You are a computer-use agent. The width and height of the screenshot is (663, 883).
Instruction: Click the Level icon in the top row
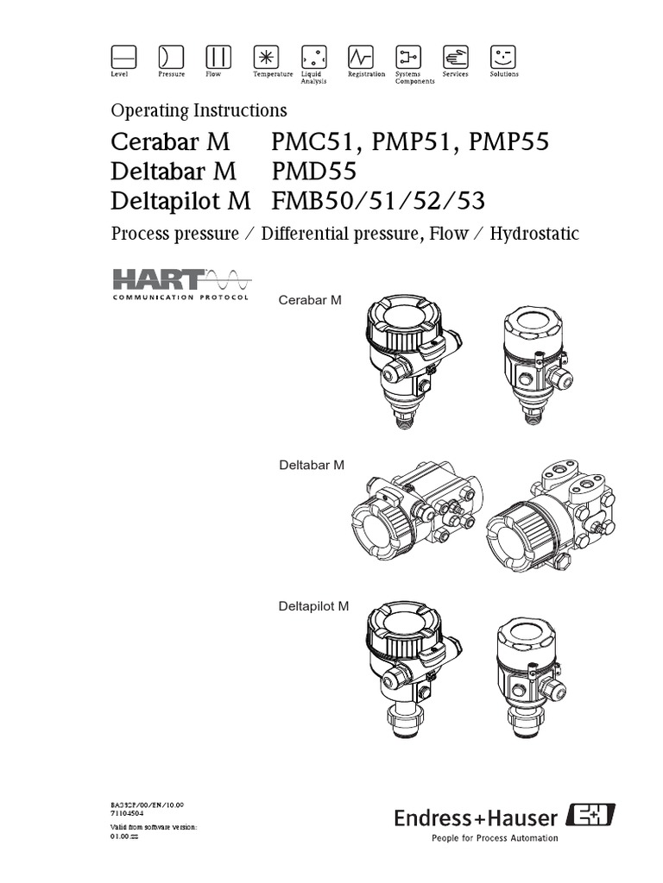click(x=124, y=57)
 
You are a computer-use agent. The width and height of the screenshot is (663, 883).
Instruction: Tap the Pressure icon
click(x=171, y=57)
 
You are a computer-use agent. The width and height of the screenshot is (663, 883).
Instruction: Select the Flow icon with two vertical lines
click(x=218, y=57)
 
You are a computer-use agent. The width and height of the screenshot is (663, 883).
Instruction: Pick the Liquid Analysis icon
click(x=313, y=57)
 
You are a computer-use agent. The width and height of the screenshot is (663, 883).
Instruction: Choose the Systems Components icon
click(x=408, y=57)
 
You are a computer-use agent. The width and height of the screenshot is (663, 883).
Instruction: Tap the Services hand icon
click(x=456, y=57)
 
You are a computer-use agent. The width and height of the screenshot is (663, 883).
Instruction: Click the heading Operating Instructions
click(x=199, y=110)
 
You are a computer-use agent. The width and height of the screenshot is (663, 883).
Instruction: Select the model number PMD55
click(x=307, y=171)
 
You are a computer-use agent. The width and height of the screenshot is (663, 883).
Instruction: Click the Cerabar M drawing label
click(x=310, y=299)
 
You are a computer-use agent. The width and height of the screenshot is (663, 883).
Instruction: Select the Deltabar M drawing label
click(x=312, y=465)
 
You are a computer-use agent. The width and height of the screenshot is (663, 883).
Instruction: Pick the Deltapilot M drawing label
click(x=313, y=606)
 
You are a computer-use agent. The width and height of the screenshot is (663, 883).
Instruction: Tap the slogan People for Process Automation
click(x=494, y=837)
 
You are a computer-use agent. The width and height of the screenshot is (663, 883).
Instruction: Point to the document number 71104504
click(x=129, y=812)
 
